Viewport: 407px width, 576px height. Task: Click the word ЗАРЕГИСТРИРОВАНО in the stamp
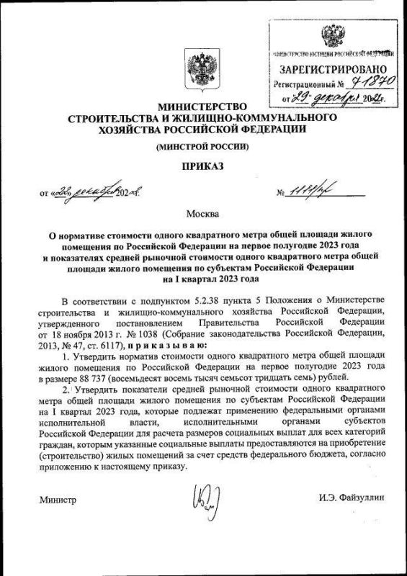click(332, 69)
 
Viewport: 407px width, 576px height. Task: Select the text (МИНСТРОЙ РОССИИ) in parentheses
click(203, 148)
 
